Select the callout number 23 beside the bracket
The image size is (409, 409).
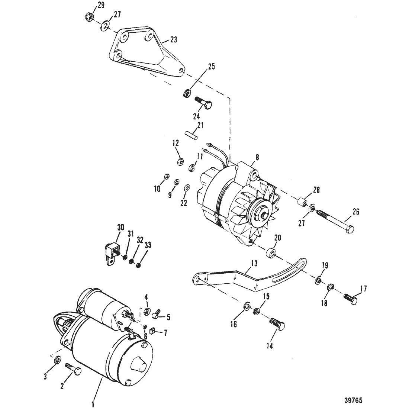click(174, 40)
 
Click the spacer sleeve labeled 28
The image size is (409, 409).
click(302, 202)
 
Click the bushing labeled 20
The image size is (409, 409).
click(271, 253)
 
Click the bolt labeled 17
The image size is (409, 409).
click(350, 299)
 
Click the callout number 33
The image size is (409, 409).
click(148, 245)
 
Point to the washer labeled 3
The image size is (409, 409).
click(57, 360)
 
